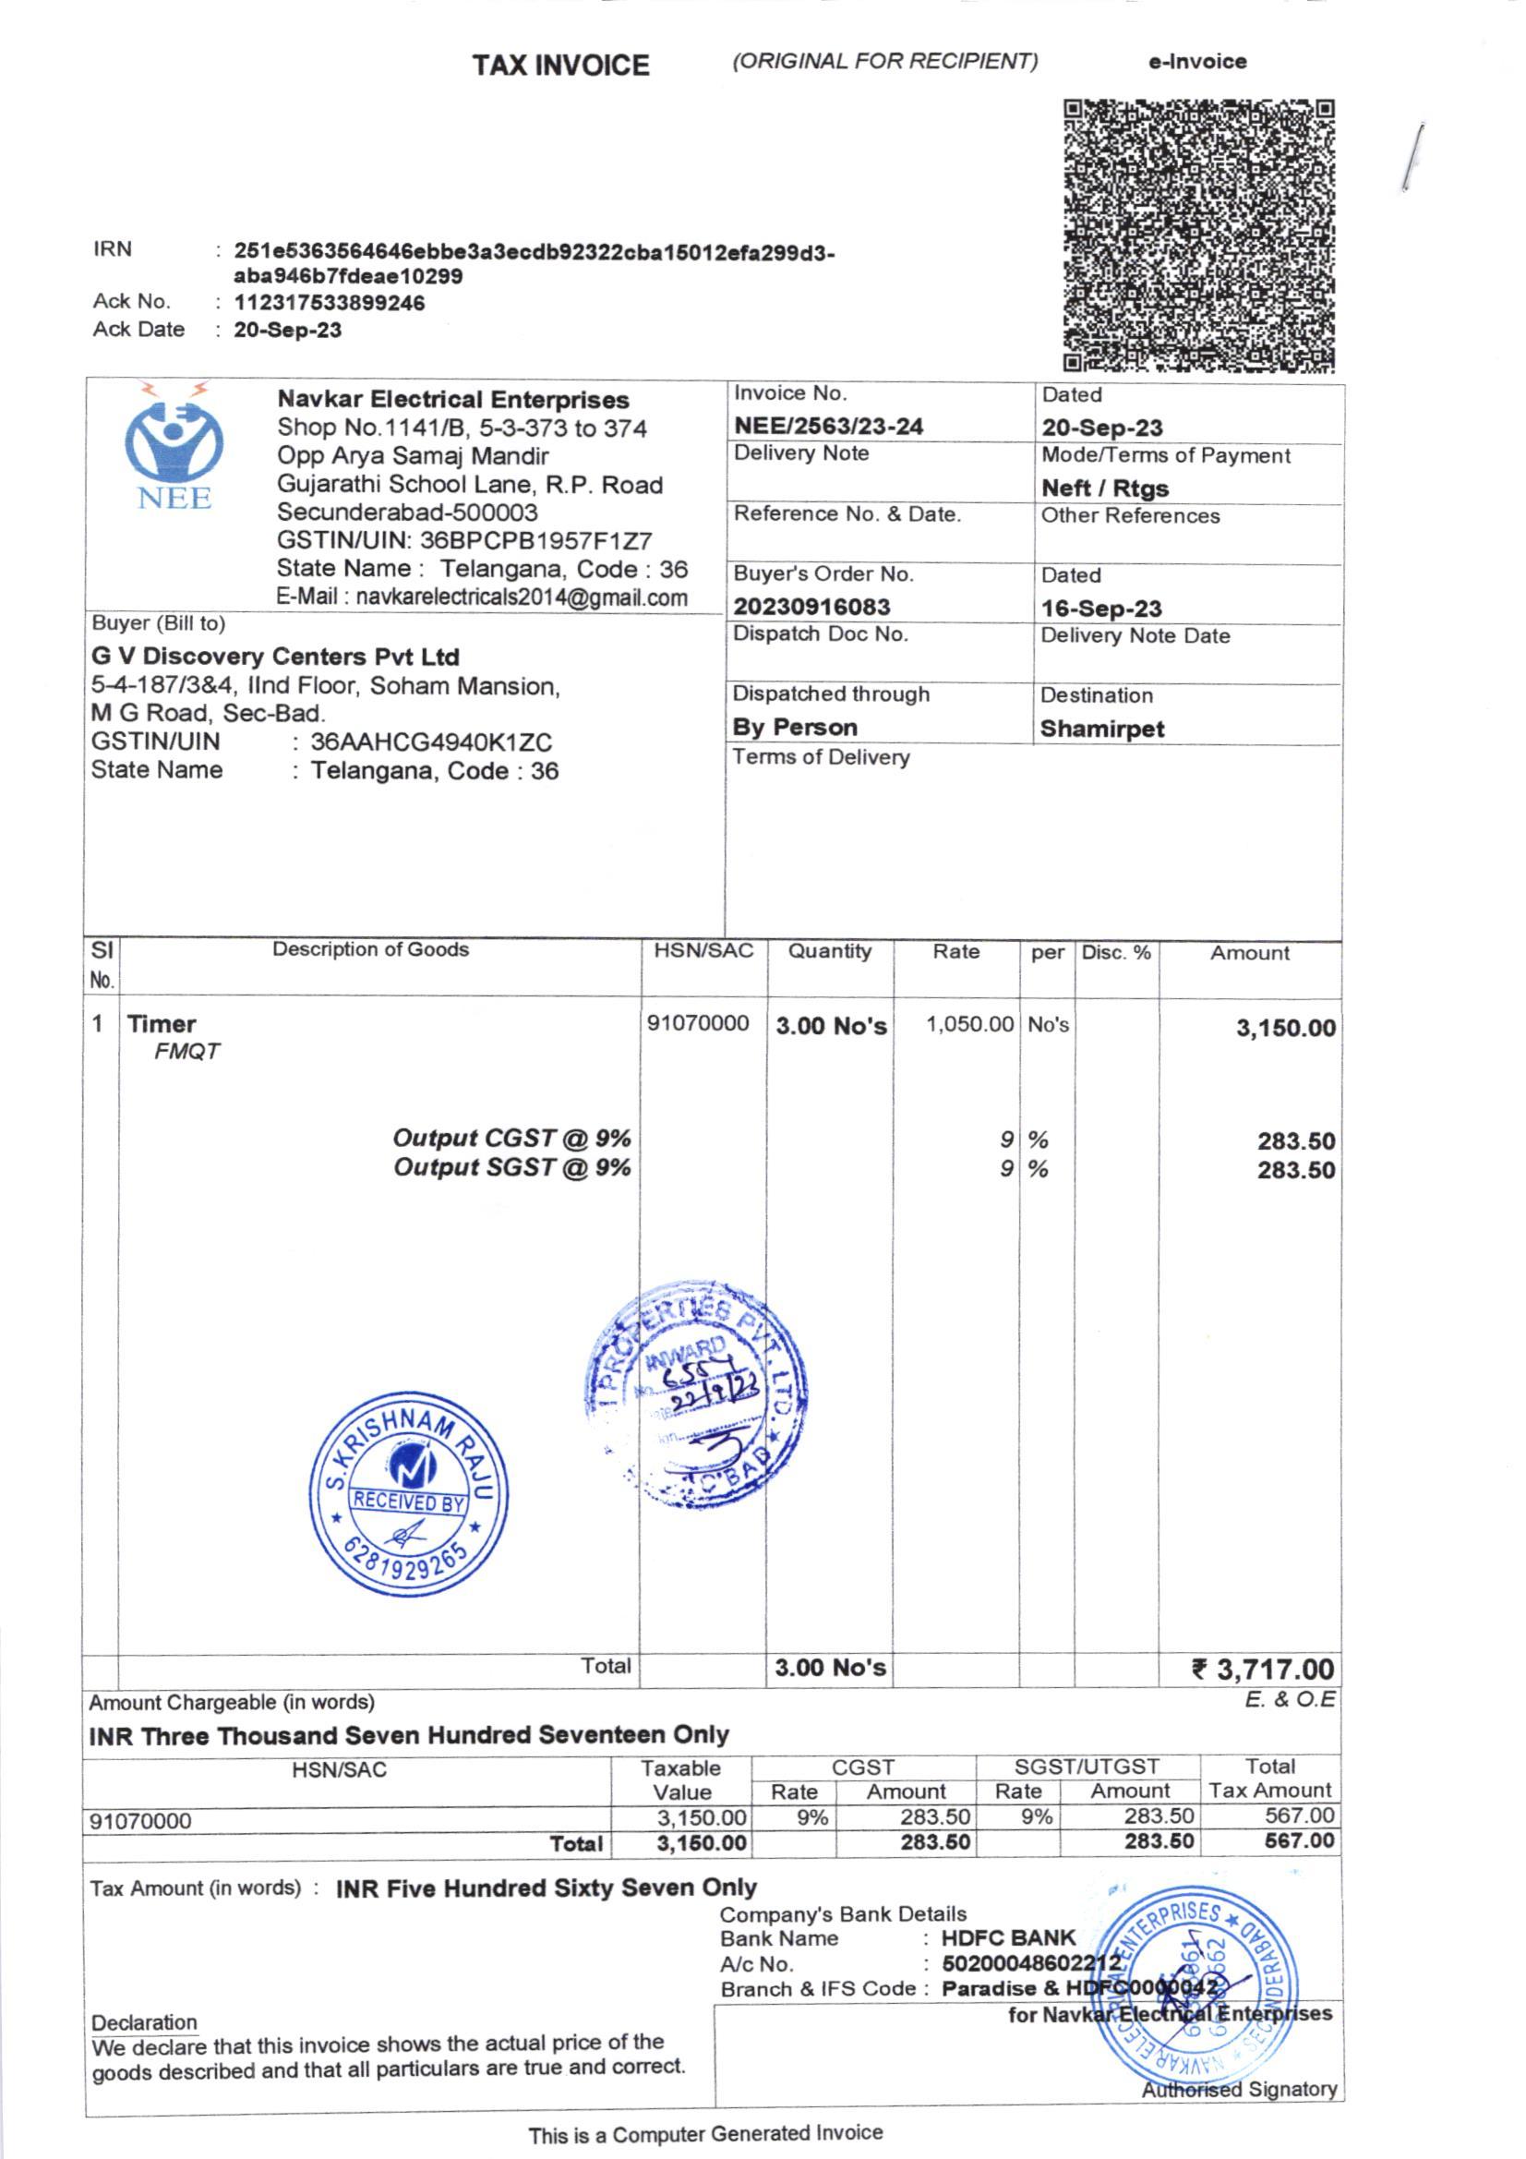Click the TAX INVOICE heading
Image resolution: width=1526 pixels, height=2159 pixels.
[560, 66]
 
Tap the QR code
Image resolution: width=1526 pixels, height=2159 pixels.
[1199, 235]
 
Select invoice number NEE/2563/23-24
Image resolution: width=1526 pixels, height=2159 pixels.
[828, 427]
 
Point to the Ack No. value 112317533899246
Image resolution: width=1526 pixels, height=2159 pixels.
[329, 304]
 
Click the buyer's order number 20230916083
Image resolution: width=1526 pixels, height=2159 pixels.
[811, 608]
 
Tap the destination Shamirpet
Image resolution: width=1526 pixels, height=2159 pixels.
[1102, 730]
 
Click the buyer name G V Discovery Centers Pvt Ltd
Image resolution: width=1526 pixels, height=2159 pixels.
[274, 657]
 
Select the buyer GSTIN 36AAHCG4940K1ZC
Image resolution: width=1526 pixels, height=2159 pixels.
[430, 742]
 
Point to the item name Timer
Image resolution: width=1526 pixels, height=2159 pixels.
[162, 1024]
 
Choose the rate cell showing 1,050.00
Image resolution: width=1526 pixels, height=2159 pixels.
[969, 1024]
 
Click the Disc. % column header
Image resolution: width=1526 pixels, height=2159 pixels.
[1116, 953]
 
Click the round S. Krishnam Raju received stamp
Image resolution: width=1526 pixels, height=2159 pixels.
[409, 1495]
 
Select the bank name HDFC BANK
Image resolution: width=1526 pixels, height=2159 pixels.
[1008, 1939]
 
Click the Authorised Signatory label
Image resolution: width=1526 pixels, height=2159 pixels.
[1239, 2090]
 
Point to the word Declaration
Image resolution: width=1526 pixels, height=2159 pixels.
[144, 2022]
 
